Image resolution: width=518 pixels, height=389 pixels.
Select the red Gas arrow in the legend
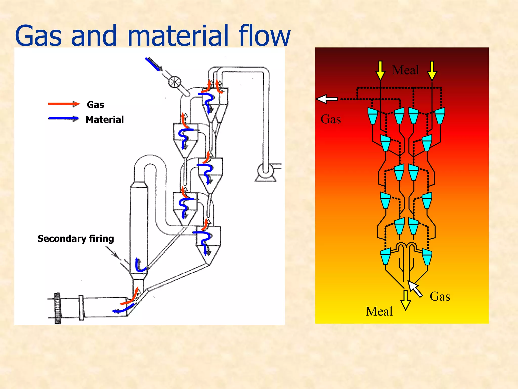[64, 104]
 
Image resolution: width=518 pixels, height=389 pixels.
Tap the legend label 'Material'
[104, 120]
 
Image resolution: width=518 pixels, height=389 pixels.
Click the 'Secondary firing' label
[76, 239]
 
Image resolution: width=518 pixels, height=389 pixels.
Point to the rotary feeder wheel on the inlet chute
[175, 82]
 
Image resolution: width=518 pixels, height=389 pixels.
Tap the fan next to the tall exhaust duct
[266, 171]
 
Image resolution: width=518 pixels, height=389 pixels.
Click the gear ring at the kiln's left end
[57, 308]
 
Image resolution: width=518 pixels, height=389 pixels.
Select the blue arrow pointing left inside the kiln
[123, 309]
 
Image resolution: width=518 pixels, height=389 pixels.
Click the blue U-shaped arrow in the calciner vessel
[140, 265]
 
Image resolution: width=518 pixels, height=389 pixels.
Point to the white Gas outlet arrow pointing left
[327, 99]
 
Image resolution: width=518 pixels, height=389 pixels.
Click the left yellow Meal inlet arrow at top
[380, 70]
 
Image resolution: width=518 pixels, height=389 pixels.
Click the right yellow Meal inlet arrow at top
[432, 70]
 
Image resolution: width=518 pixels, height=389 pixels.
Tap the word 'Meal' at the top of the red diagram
[405, 70]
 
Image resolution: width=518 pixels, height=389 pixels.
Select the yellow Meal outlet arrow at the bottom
[405, 300]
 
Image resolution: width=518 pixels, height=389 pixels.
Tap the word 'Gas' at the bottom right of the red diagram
[440, 296]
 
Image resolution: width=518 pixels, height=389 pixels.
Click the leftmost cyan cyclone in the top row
[372, 116]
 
